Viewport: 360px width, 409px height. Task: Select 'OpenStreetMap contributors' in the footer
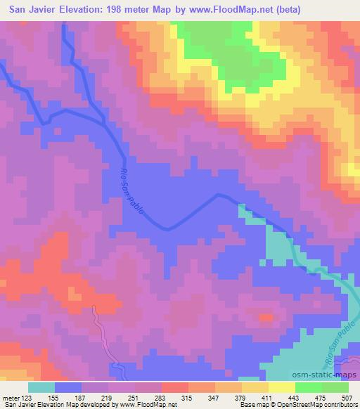tap(315, 405)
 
